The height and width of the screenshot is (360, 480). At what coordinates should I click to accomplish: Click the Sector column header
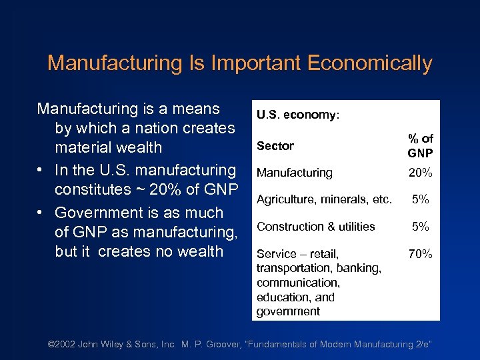pyautogui.click(x=275, y=145)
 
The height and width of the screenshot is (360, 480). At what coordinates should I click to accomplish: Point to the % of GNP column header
pyautogui.click(x=421, y=145)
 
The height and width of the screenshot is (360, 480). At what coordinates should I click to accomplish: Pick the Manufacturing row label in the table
pyautogui.click(x=294, y=173)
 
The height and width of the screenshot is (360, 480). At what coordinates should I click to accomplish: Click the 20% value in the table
pyautogui.click(x=421, y=173)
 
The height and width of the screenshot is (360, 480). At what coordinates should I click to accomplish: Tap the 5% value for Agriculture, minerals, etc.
pyautogui.click(x=421, y=199)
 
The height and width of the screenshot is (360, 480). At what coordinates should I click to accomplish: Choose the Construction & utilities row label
pyautogui.click(x=316, y=227)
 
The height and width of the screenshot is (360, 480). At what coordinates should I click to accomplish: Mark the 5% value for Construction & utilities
pyautogui.click(x=421, y=227)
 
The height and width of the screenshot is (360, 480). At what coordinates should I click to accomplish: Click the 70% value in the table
pyautogui.click(x=421, y=254)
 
